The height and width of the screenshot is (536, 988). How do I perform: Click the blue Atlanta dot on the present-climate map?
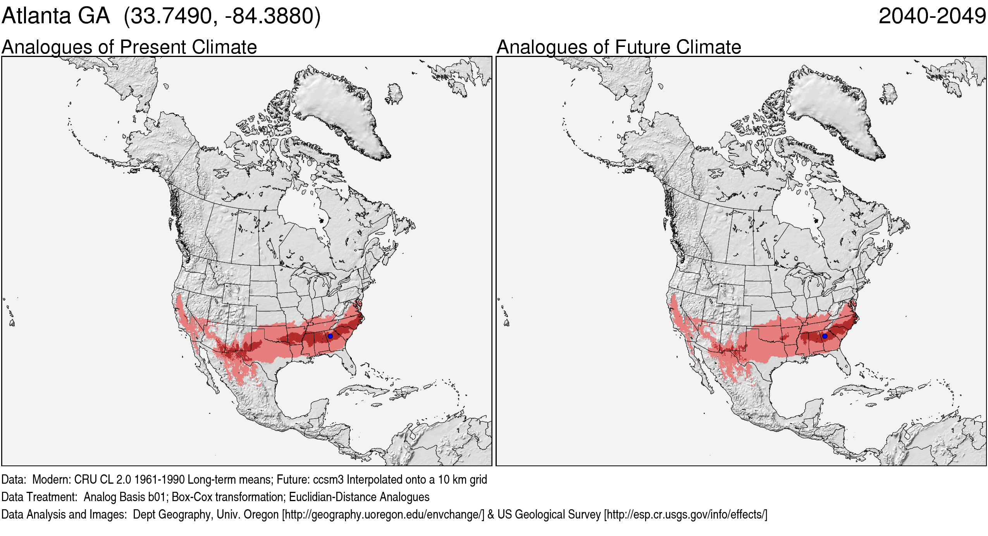330,336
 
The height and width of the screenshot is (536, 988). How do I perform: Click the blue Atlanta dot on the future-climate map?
825,336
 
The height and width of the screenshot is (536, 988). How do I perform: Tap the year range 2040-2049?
932,16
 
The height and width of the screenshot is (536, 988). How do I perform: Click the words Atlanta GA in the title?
56,16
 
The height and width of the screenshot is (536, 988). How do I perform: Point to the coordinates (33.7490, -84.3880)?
222,16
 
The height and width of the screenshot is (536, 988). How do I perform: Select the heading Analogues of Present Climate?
129,47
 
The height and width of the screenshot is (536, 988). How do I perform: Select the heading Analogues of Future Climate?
619,47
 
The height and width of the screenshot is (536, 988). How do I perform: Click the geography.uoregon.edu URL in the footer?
383,514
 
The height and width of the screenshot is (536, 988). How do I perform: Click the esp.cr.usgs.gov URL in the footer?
685,514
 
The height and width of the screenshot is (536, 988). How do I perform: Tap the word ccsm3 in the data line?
328,479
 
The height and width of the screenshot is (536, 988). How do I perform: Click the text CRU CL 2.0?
94,479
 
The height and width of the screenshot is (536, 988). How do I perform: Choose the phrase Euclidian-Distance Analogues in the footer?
359,497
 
